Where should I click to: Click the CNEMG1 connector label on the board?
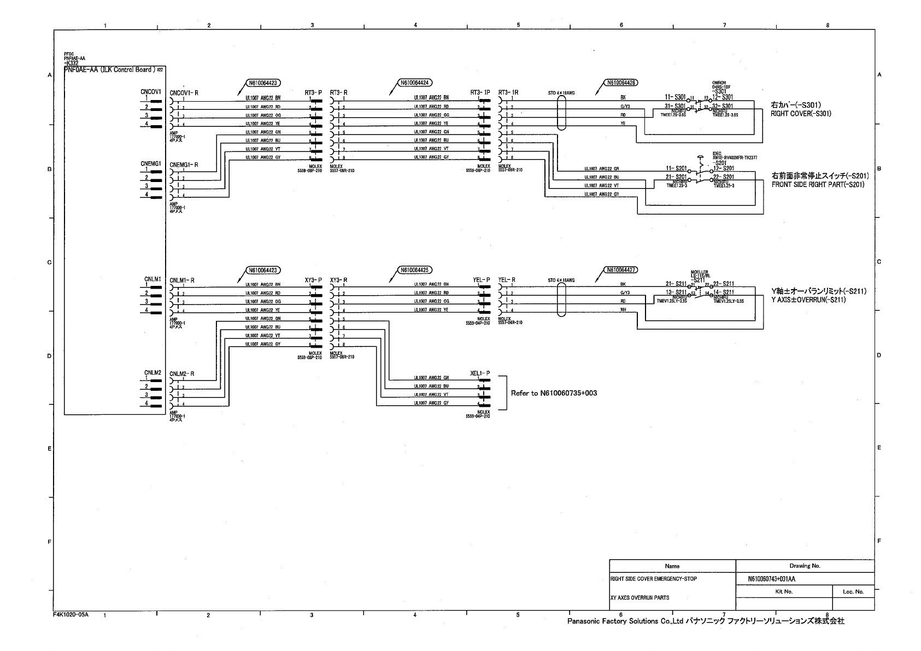(x=151, y=163)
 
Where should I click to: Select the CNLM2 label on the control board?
(x=152, y=372)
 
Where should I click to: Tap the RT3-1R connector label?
(x=508, y=93)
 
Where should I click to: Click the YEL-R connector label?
(x=507, y=280)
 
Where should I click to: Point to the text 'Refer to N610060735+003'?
(x=553, y=393)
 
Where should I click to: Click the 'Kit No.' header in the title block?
(x=784, y=591)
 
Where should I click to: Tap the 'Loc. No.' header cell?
(x=852, y=591)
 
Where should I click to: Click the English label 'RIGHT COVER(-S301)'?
(x=800, y=114)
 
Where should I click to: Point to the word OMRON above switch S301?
(x=719, y=83)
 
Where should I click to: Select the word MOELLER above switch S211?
(x=699, y=272)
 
